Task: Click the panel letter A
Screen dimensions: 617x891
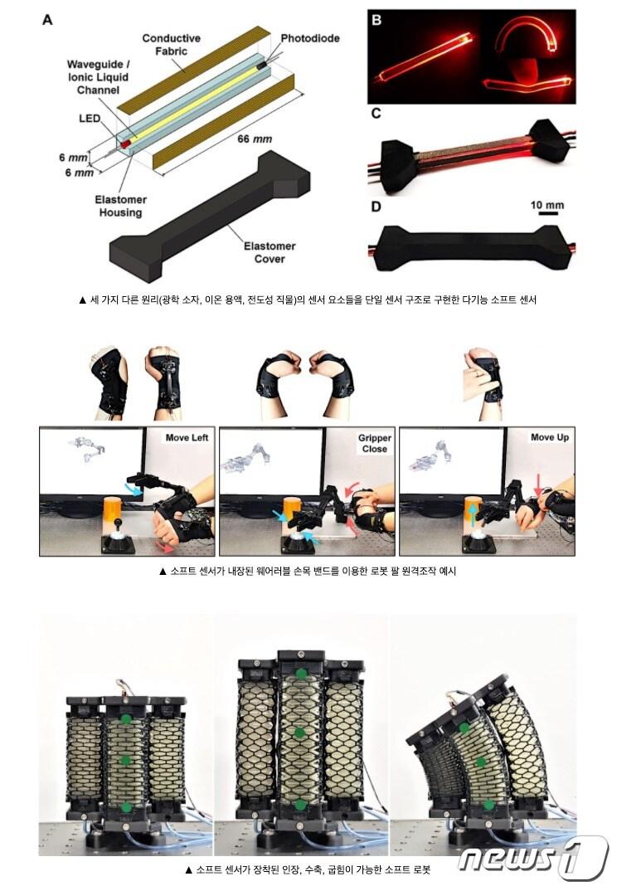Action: coord(48,20)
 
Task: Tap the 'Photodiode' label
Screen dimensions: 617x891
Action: coord(310,39)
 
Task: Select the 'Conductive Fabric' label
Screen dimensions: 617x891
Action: coord(171,45)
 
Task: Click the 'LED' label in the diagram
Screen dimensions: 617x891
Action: coord(90,119)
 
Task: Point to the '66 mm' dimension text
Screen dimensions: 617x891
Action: coord(255,139)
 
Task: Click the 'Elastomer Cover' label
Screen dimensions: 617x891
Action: coord(270,252)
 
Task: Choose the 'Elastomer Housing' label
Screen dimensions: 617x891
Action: coord(120,206)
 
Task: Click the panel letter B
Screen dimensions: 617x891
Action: coord(377,21)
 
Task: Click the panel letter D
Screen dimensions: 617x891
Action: coord(377,207)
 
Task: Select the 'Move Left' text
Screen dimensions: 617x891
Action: coord(187,437)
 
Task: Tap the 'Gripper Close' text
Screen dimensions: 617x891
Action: coord(374,443)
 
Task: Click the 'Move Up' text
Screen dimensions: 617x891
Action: coord(549,437)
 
